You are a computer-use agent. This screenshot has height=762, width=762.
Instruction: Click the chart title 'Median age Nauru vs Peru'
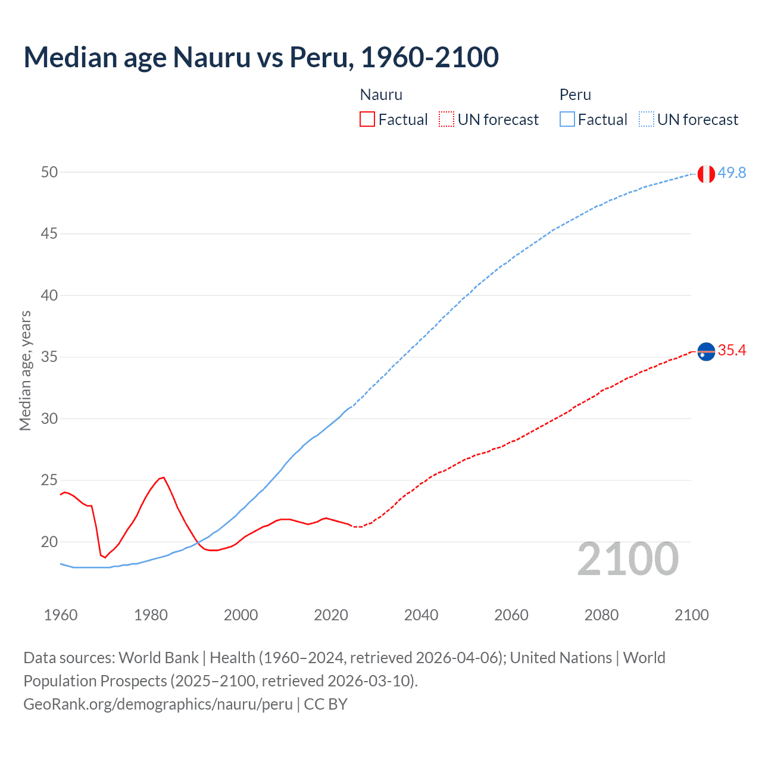click(261, 57)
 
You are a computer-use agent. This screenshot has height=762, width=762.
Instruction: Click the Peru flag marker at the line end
click(706, 174)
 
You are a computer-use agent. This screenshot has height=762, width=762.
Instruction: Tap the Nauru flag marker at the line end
click(706, 352)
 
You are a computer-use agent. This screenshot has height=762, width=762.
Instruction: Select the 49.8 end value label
click(732, 173)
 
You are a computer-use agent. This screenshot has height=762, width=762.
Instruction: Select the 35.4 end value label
click(732, 350)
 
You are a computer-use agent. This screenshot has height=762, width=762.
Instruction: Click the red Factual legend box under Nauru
click(367, 119)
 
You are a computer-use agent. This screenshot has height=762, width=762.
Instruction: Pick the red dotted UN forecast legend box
click(446, 119)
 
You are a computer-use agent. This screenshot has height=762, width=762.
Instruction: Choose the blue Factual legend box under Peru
click(567, 119)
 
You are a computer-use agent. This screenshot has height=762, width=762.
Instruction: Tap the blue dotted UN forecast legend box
click(646, 119)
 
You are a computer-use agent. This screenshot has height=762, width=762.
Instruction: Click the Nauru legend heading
click(381, 95)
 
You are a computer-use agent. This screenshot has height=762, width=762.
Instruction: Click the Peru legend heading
click(575, 95)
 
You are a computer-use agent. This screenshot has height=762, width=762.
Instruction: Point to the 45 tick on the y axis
click(49, 234)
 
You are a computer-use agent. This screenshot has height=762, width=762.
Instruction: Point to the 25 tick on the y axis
click(49, 480)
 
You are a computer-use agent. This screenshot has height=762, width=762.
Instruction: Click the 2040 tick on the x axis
click(421, 615)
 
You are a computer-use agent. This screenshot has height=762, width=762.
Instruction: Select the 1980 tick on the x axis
click(151, 615)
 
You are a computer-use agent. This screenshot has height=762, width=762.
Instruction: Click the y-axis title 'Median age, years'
click(25, 370)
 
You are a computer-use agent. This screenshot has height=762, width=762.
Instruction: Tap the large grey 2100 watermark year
click(627, 559)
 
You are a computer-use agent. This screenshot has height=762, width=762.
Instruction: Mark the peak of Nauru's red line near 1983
click(163, 477)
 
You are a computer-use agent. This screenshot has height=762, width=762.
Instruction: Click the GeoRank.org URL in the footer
click(158, 704)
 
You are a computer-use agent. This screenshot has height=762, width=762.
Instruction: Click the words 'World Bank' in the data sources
click(158, 658)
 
